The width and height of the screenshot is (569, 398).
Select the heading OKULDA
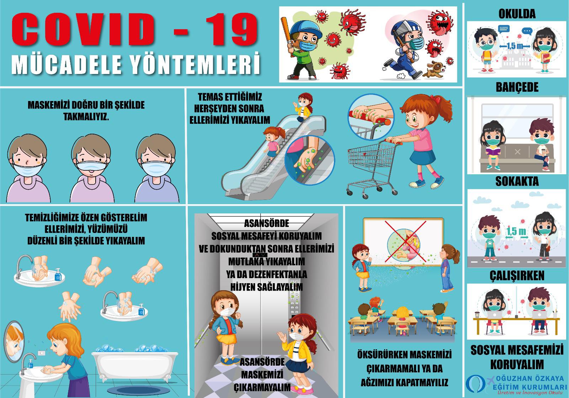point(517,14)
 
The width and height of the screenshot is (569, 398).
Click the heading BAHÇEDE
point(517,87)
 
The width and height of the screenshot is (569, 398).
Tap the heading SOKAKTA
point(517,181)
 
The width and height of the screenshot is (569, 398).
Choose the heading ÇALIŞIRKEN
point(517,276)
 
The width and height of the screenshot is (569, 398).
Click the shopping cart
point(372,168)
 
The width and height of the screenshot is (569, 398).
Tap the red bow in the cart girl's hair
point(436,99)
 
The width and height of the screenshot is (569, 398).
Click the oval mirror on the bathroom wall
point(14,341)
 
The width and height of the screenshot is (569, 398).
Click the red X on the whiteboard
point(405,241)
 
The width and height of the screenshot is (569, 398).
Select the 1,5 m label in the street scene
point(516,232)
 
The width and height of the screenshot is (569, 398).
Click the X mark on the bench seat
point(517,152)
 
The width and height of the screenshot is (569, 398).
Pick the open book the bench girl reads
point(493,150)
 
